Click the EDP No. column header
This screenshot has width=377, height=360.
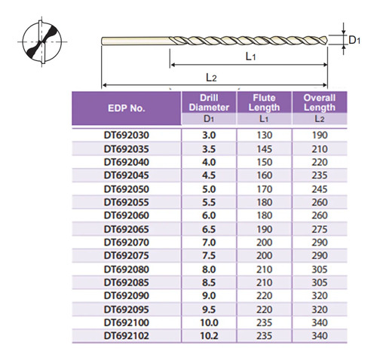pyautogui.click(x=127, y=108)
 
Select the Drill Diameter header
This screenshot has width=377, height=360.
pyautogui.click(x=209, y=102)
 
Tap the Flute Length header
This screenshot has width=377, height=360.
pyautogui.click(x=264, y=102)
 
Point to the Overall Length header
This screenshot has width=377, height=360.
pyautogui.click(x=320, y=102)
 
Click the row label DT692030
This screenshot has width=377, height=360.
pyautogui.click(x=127, y=136)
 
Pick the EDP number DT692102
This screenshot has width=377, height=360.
pyautogui.click(x=127, y=336)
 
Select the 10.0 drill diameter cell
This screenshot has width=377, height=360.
pyautogui.click(x=209, y=322)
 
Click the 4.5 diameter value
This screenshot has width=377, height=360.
pyautogui.click(x=209, y=175)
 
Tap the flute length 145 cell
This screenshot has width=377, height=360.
pyautogui.click(x=265, y=149)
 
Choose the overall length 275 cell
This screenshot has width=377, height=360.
pyautogui.click(x=320, y=229)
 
